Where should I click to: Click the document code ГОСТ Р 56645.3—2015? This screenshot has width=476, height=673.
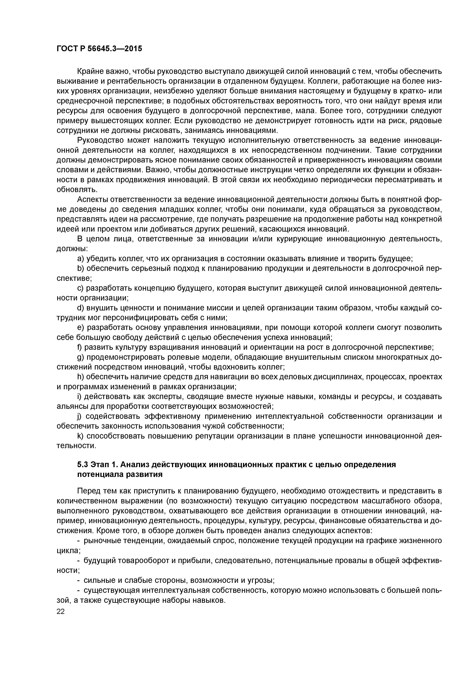pyautogui.click(x=99, y=49)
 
